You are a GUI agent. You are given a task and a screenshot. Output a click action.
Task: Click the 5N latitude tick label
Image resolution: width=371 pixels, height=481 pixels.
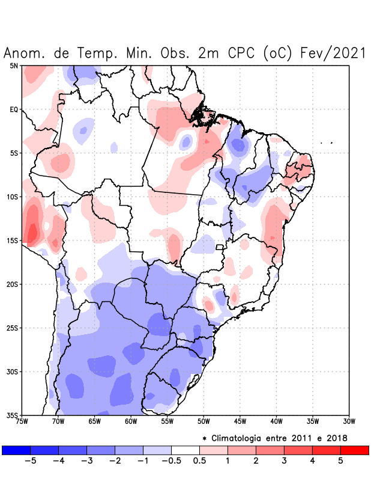pos(13,66)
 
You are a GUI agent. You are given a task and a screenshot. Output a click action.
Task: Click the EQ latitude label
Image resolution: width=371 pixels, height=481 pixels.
pos(13,109)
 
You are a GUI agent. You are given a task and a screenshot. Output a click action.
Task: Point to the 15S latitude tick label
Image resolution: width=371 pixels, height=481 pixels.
pos(12,240)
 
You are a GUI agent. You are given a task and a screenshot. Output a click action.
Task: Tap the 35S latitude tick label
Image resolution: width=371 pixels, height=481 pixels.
pos(12,415)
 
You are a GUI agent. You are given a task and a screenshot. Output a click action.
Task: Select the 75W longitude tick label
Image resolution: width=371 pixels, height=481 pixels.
pos(22,421)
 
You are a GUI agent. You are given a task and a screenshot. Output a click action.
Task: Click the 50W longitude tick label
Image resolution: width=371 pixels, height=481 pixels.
pos(204,421)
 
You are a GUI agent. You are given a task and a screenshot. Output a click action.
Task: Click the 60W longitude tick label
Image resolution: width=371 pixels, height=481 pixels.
pos(131,421)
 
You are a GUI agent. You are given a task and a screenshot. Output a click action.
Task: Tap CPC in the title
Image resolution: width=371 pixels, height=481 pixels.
pos(241,53)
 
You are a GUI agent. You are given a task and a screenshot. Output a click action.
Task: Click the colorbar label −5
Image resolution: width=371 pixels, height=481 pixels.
pos(30,462)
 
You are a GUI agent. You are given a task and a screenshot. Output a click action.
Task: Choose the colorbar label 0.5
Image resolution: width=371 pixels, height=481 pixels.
pos(199,462)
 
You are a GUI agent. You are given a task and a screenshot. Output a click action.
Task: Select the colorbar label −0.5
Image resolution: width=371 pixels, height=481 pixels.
pos(170,462)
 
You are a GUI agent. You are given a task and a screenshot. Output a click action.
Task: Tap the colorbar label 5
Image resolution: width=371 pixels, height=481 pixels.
pos(340,462)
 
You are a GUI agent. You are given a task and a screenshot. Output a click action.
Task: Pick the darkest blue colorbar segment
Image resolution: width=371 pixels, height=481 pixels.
pos(16,450)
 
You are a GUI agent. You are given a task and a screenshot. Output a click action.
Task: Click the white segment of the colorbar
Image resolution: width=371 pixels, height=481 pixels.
pos(185,450)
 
